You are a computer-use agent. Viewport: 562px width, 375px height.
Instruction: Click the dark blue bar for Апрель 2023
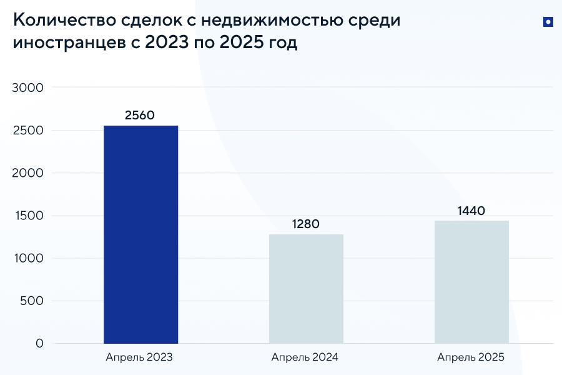pos(140,234)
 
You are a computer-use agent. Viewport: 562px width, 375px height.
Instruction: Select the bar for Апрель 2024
pos(306,289)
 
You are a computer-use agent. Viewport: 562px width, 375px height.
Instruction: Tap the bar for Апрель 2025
pos(471,281)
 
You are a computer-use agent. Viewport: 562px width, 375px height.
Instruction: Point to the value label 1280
pos(305,224)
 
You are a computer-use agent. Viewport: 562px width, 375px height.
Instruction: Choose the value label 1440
pos(471,211)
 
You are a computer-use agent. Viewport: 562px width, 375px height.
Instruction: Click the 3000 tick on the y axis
pos(27,87)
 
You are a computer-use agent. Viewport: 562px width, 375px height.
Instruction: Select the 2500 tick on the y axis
pos(27,131)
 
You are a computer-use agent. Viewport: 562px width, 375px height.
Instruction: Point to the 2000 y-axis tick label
pos(27,173)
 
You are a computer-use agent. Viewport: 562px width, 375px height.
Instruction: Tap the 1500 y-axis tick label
pos(27,216)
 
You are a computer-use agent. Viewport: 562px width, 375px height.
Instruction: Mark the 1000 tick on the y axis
pos(27,258)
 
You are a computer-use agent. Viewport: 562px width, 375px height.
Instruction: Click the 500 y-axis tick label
pos(31,301)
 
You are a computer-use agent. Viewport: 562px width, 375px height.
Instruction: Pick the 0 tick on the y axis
pos(39,343)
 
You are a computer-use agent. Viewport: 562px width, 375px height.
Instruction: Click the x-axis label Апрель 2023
pos(139,358)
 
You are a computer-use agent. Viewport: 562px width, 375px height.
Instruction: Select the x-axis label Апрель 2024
pos(305,358)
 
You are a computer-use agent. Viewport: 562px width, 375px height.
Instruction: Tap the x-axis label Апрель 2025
pos(470,358)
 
